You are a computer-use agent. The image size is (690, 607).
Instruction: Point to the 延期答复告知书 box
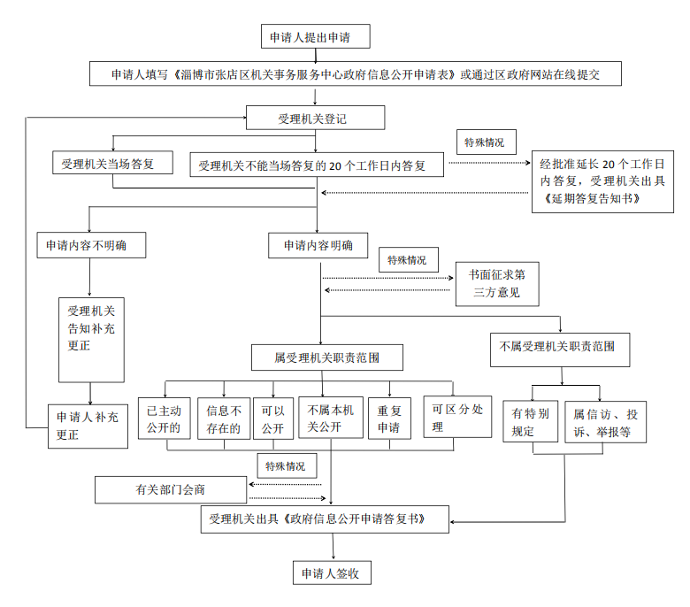[601, 182]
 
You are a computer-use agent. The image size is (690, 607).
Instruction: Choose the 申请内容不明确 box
[90, 245]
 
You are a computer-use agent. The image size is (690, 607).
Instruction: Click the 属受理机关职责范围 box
[327, 358]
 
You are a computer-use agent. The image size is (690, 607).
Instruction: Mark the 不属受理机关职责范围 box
[559, 348]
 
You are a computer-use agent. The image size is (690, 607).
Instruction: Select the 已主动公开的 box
[165, 418]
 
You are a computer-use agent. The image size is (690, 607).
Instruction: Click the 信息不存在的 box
[223, 418]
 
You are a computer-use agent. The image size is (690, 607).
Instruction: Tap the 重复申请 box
[390, 418]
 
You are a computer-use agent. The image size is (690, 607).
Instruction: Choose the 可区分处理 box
[456, 418]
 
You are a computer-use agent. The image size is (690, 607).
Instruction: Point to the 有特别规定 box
[531, 422]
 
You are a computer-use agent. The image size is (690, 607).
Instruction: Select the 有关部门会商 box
[172, 488]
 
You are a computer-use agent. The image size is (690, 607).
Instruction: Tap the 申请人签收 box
[331, 572]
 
